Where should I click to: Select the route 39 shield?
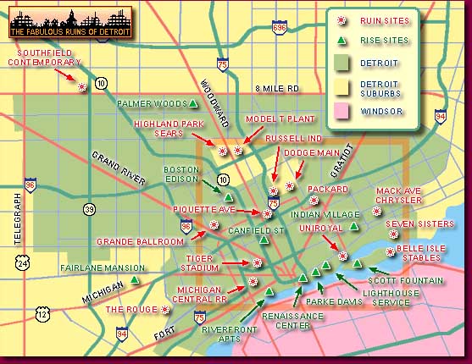(89, 208)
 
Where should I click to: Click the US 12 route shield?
(42, 314)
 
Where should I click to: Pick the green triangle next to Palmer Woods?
(194, 103)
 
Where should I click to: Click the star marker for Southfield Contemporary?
(82, 86)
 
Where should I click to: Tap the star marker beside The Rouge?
(165, 310)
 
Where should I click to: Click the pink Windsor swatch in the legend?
(343, 111)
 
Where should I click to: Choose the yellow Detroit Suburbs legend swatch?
(343, 86)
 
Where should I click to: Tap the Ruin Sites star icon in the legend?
(343, 19)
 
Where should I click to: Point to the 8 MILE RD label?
(277, 88)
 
